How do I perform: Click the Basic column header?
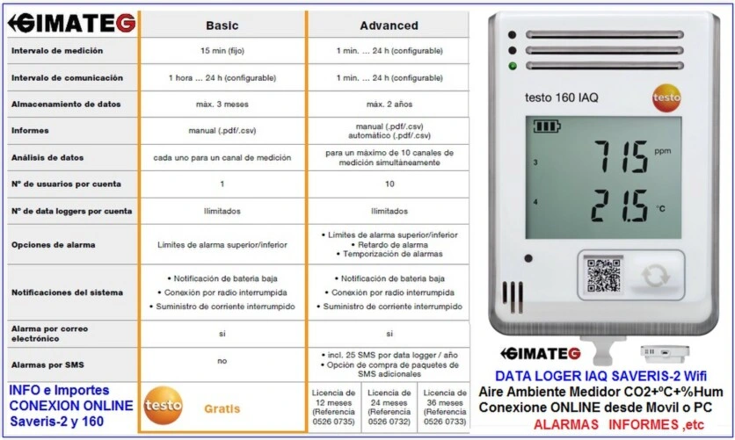(x=222, y=25)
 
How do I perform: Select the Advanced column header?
(x=389, y=25)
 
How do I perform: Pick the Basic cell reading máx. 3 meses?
(x=222, y=105)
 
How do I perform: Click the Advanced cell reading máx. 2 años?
(x=389, y=105)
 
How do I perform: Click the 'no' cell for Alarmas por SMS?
(x=222, y=360)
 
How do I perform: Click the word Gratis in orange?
(x=222, y=409)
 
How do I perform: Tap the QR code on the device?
(x=603, y=275)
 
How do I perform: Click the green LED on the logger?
(x=511, y=66)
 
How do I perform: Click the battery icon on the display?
(x=546, y=126)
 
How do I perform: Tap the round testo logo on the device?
(x=666, y=97)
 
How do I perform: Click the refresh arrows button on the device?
(x=655, y=275)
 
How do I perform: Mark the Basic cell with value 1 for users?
(x=222, y=184)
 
